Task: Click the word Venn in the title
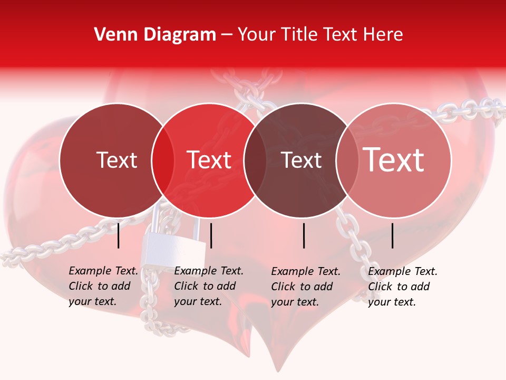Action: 110,35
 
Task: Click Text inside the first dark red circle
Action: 117,160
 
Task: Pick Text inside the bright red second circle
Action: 209,160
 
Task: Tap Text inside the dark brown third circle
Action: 301,160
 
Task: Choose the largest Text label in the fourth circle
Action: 394,160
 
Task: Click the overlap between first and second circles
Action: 163,160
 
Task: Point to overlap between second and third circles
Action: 255,160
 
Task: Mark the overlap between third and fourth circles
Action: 347,160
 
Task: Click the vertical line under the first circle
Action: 118,235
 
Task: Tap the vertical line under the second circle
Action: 211,235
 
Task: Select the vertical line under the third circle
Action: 304,235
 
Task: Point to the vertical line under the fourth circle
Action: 393,235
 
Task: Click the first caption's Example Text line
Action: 103,271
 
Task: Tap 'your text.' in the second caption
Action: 198,302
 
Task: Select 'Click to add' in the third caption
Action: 302,287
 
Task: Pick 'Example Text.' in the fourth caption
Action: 403,271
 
